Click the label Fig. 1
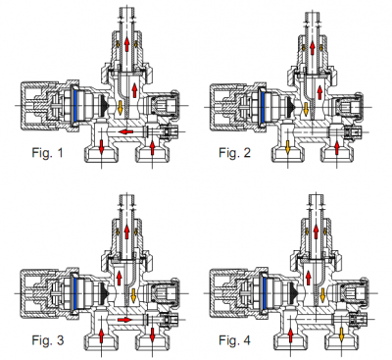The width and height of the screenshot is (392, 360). point(47,153)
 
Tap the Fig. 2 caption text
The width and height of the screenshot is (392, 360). point(234,153)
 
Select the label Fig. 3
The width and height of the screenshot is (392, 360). point(48,340)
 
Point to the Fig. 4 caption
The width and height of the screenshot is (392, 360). point(234,340)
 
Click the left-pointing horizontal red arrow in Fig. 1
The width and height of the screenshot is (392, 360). point(125,131)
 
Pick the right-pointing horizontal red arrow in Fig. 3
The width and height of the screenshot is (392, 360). point(125,320)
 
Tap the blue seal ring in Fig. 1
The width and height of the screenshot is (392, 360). point(74,105)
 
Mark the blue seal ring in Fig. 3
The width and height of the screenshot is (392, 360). point(74,293)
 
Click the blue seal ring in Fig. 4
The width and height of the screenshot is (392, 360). point(264,293)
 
